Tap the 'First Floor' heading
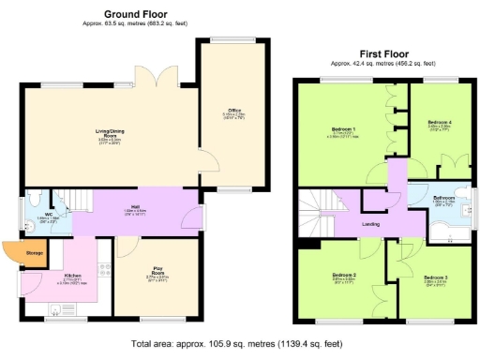(x=387, y=53)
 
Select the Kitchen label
(x=72, y=276)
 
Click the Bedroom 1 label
(x=343, y=129)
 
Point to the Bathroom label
(x=443, y=199)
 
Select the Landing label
(x=369, y=225)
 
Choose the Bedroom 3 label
(x=435, y=277)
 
